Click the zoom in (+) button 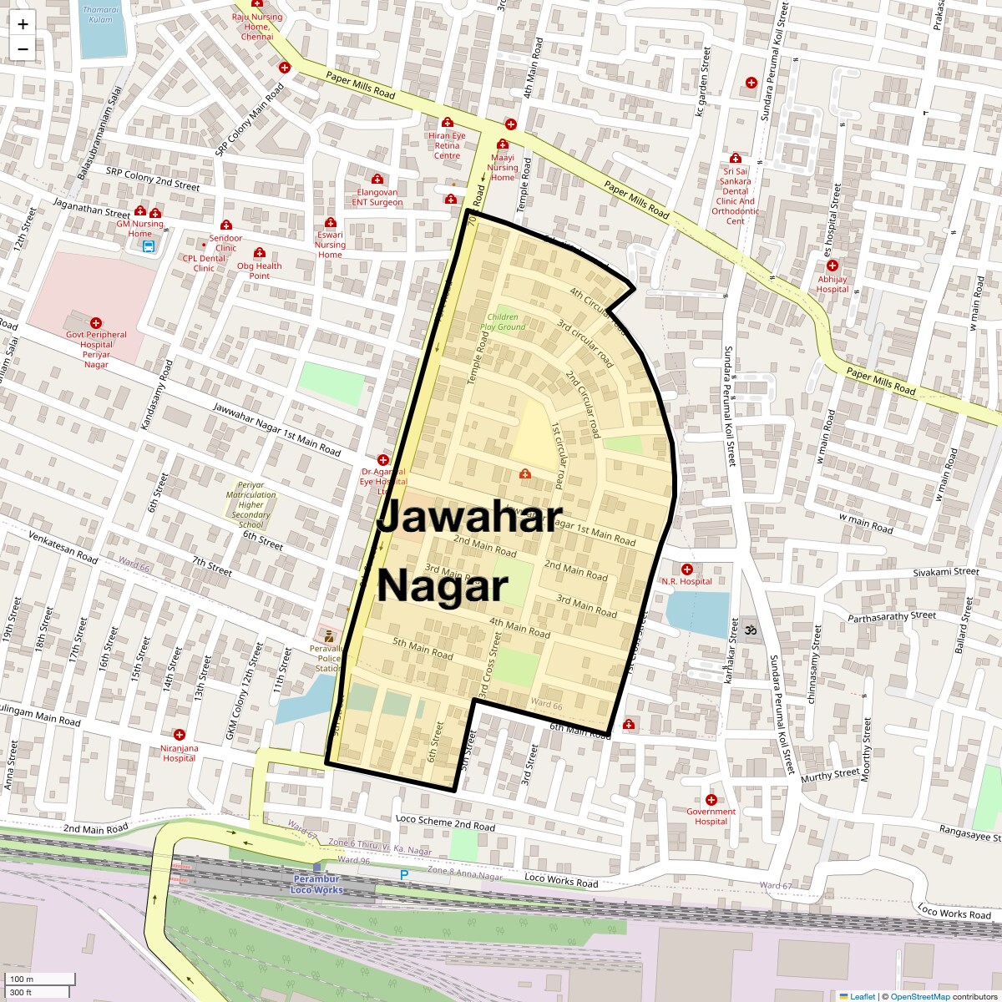click(23, 24)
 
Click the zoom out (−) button click(23, 48)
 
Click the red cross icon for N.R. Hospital click(686, 569)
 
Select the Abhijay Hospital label click(832, 284)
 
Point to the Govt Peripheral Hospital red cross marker click(96, 323)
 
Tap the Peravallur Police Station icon click(328, 635)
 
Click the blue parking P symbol click(404, 875)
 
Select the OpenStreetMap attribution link click(919, 996)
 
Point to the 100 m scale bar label click(22, 979)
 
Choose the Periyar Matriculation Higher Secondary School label click(250, 504)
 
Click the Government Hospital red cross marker click(711, 800)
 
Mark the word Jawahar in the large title click(469, 518)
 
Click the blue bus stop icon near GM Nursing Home click(148, 247)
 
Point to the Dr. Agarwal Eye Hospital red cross click(383, 460)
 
